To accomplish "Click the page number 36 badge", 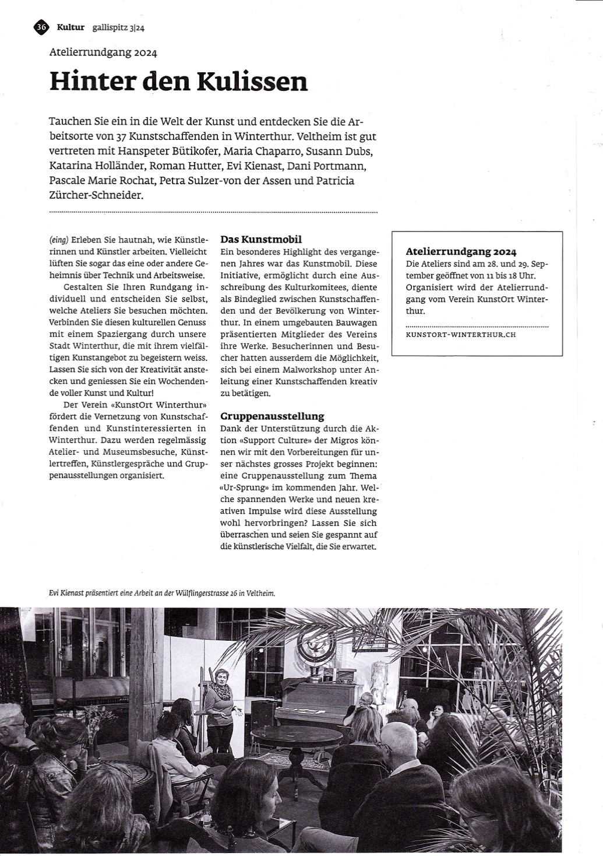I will (x=41, y=26).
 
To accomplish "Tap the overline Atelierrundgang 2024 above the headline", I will (x=103, y=52).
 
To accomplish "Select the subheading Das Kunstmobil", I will (x=261, y=239).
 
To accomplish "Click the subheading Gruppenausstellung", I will (x=272, y=416).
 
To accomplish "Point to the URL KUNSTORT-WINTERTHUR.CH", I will (x=460, y=335).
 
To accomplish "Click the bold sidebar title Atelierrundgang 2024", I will (x=461, y=252).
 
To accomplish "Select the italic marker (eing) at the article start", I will (x=59, y=240).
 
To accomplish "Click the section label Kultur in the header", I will (x=70, y=27).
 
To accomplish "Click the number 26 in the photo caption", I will (x=235, y=593).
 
